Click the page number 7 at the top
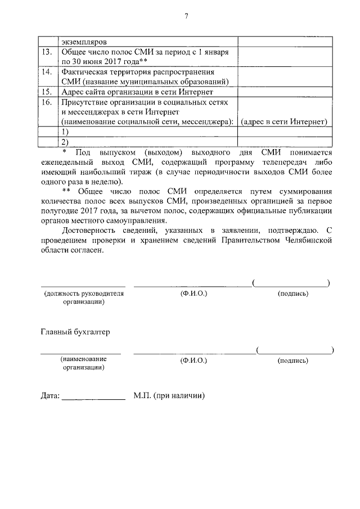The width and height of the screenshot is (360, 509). click(x=185, y=16)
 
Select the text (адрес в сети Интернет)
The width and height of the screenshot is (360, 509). click(x=283, y=121)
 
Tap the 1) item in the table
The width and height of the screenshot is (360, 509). click(x=65, y=132)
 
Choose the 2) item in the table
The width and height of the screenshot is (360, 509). click(x=65, y=142)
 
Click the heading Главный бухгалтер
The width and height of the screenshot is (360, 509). click(x=75, y=332)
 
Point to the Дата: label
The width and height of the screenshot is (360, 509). click(x=50, y=395)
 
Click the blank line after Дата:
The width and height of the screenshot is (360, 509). click(x=93, y=397)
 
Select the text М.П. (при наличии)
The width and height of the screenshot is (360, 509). click(x=169, y=395)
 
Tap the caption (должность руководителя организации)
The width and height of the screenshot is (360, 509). click(x=83, y=298)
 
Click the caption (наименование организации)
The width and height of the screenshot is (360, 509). click(x=83, y=363)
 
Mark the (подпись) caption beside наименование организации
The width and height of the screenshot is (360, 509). click(x=293, y=359)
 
